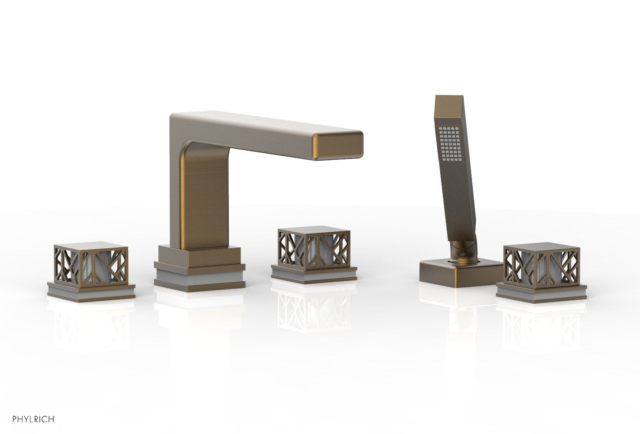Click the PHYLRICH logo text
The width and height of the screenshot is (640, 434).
[x=34, y=419]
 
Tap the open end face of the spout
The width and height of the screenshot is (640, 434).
[x=338, y=146]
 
